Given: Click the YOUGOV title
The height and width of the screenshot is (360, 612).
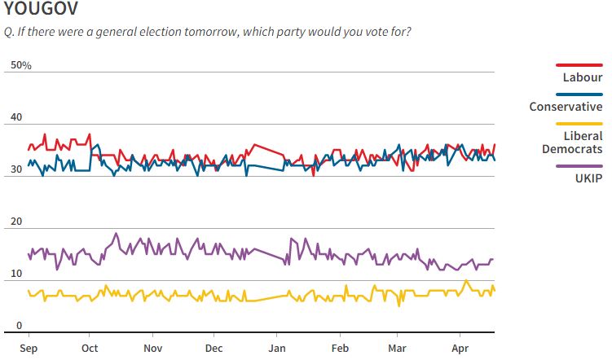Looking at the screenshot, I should pos(42,11).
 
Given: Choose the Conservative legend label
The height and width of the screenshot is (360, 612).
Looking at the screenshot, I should pos(566,107).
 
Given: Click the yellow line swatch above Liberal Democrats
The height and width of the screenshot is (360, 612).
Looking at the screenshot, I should pos(579,123).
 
